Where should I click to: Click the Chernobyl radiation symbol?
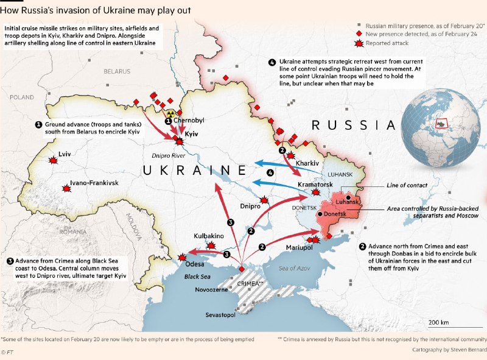point(171,113)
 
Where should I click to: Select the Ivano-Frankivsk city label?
point(94,183)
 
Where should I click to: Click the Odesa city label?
point(195,264)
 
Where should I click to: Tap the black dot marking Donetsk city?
point(320,214)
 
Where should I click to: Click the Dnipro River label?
point(169,155)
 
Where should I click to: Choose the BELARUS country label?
point(117,71)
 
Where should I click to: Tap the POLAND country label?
point(22,97)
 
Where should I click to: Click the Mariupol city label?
point(299,248)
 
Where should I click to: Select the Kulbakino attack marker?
point(211,245)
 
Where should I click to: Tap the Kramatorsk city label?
point(315,184)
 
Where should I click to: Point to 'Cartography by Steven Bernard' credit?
point(446,350)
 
